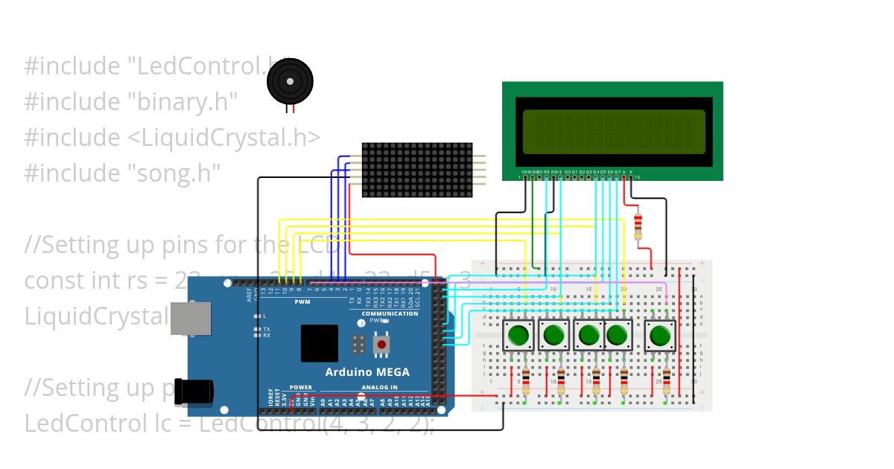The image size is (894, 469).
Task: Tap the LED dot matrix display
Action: pyautogui.click(x=417, y=170)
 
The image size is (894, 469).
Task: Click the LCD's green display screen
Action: pyautogui.click(x=614, y=131)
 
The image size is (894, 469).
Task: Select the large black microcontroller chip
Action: pyautogui.click(x=320, y=343)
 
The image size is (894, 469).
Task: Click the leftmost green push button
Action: pyautogui.click(x=518, y=335)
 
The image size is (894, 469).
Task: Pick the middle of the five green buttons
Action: pyautogui.click(x=589, y=335)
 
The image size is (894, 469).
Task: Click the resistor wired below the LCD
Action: pyautogui.click(x=637, y=226)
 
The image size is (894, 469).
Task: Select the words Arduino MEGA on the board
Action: pyautogui.click(x=367, y=372)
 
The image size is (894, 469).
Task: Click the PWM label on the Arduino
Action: pyautogui.click(x=302, y=302)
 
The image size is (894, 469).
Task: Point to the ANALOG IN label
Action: pyautogui.click(x=380, y=387)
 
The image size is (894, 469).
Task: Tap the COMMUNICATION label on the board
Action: pyautogui.click(x=390, y=313)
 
